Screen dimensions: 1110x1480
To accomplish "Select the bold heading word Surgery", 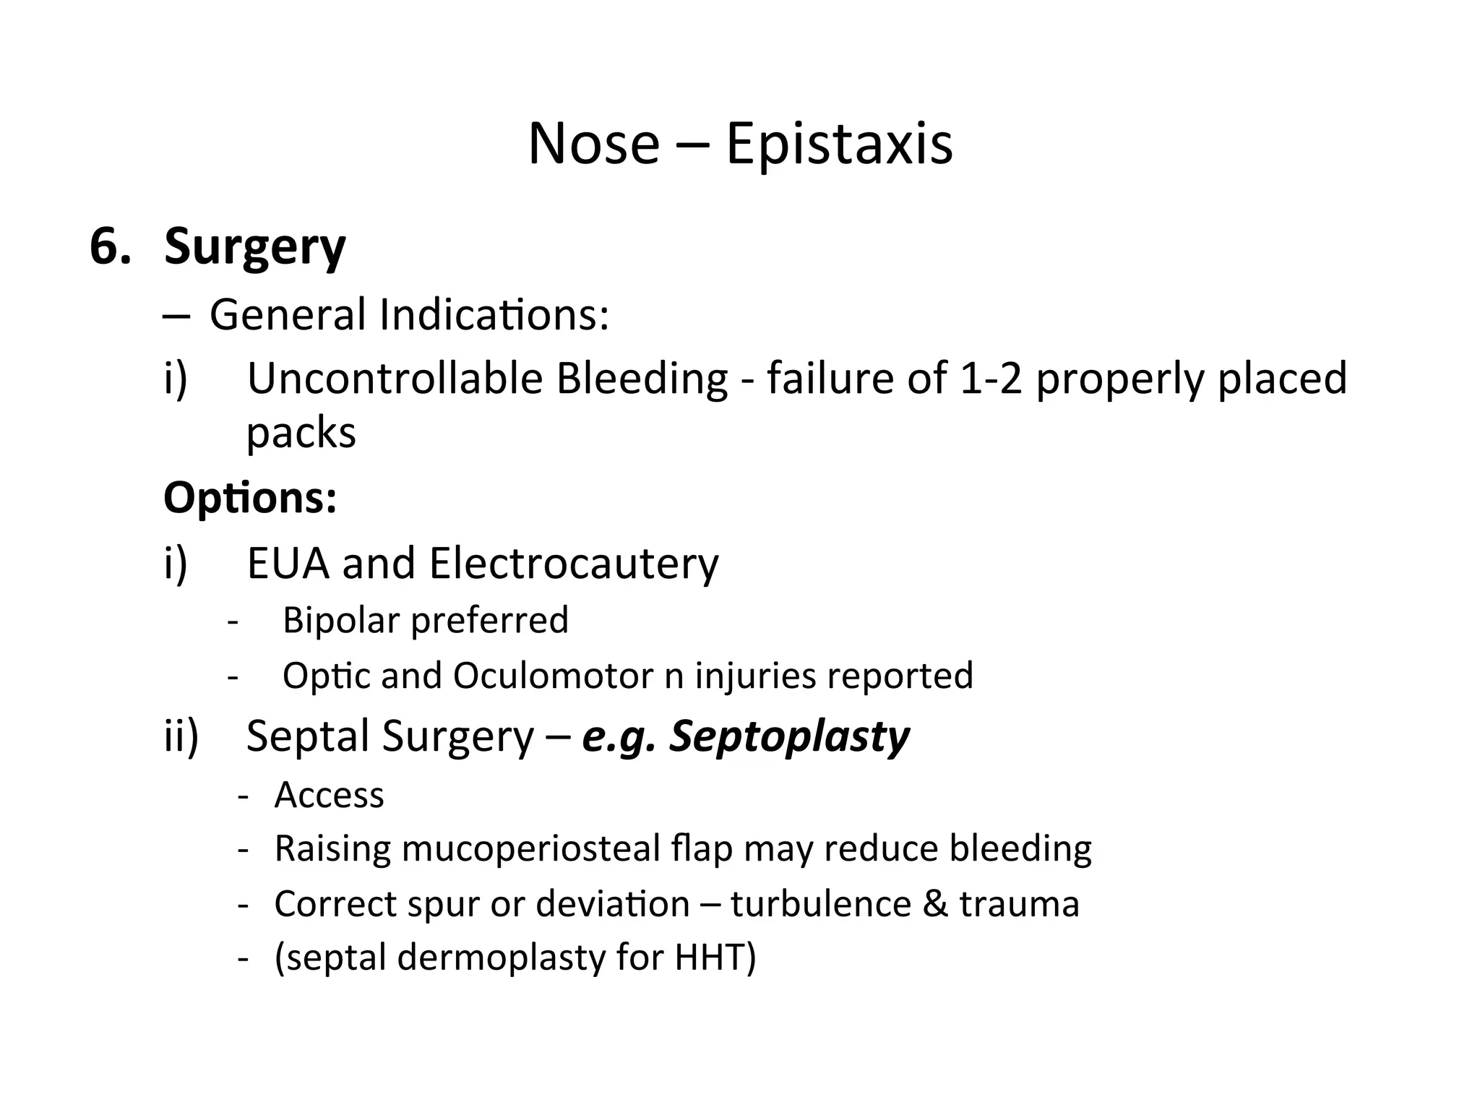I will [254, 247].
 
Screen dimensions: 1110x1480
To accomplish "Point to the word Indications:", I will [494, 315].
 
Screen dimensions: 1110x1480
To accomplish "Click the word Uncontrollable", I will [395, 378].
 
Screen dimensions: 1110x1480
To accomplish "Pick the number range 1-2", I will [991, 378].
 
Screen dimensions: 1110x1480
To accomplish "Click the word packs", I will [301, 434].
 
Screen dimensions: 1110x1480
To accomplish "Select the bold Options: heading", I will [250, 499].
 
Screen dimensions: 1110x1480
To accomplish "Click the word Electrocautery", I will [574, 564].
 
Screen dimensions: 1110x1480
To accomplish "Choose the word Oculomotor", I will [553, 676].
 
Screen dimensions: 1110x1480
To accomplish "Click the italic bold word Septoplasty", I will [789, 737].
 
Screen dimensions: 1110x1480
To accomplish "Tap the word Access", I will [329, 796].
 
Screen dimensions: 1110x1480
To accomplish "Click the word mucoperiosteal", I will [531, 848].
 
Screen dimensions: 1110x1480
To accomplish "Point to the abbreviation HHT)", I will [715, 958].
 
